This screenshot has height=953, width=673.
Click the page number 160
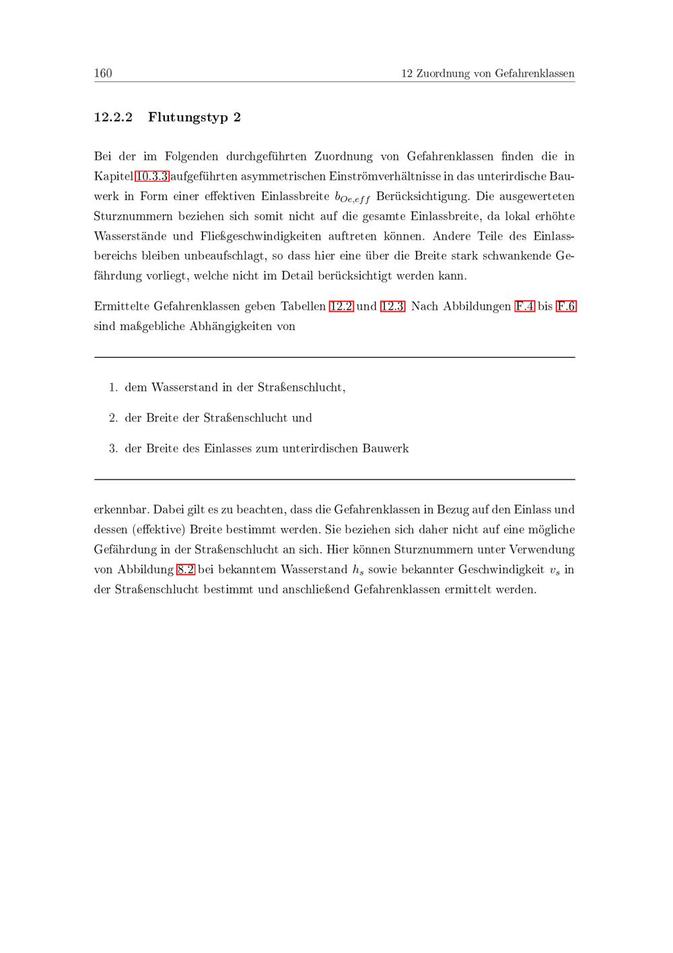click(x=103, y=73)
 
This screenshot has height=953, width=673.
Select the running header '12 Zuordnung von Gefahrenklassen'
click(x=487, y=73)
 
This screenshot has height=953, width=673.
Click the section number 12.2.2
click(x=113, y=117)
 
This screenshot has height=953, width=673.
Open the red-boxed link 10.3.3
click(x=151, y=176)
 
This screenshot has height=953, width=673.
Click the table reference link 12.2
click(x=341, y=306)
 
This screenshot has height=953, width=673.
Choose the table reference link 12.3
click(x=392, y=306)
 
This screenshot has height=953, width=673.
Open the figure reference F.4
click(x=525, y=306)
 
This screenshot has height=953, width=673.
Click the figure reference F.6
click(x=566, y=306)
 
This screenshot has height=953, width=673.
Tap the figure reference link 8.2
click(x=185, y=570)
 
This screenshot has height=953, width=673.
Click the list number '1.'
click(x=113, y=387)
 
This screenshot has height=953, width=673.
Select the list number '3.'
click(x=113, y=449)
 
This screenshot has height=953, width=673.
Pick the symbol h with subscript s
click(x=357, y=570)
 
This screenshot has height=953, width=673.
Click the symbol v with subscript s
click(x=553, y=570)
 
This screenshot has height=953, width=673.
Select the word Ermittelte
click(x=121, y=306)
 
